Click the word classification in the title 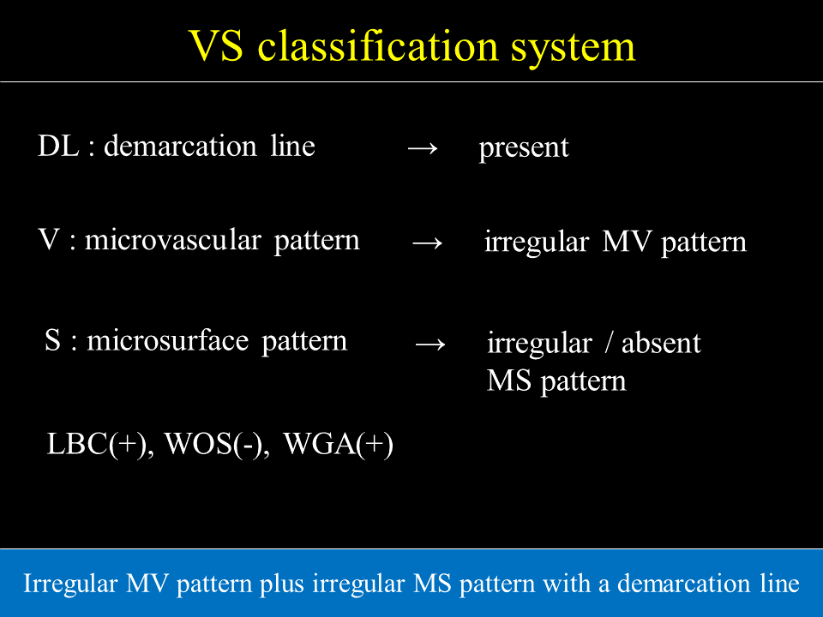[x=377, y=45]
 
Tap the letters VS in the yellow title [x=216, y=46]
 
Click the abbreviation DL [x=58, y=146]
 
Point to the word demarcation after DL [x=180, y=146]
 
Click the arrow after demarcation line [x=423, y=148]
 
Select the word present [x=523, y=148]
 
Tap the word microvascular [x=172, y=241]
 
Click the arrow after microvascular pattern [x=427, y=243]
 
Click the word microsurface [x=167, y=340]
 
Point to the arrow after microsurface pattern [x=430, y=344]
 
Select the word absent [x=661, y=343]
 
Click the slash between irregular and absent [x=609, y=343]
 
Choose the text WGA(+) [x=338, y=444]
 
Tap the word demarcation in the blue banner [x=684, y=584]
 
